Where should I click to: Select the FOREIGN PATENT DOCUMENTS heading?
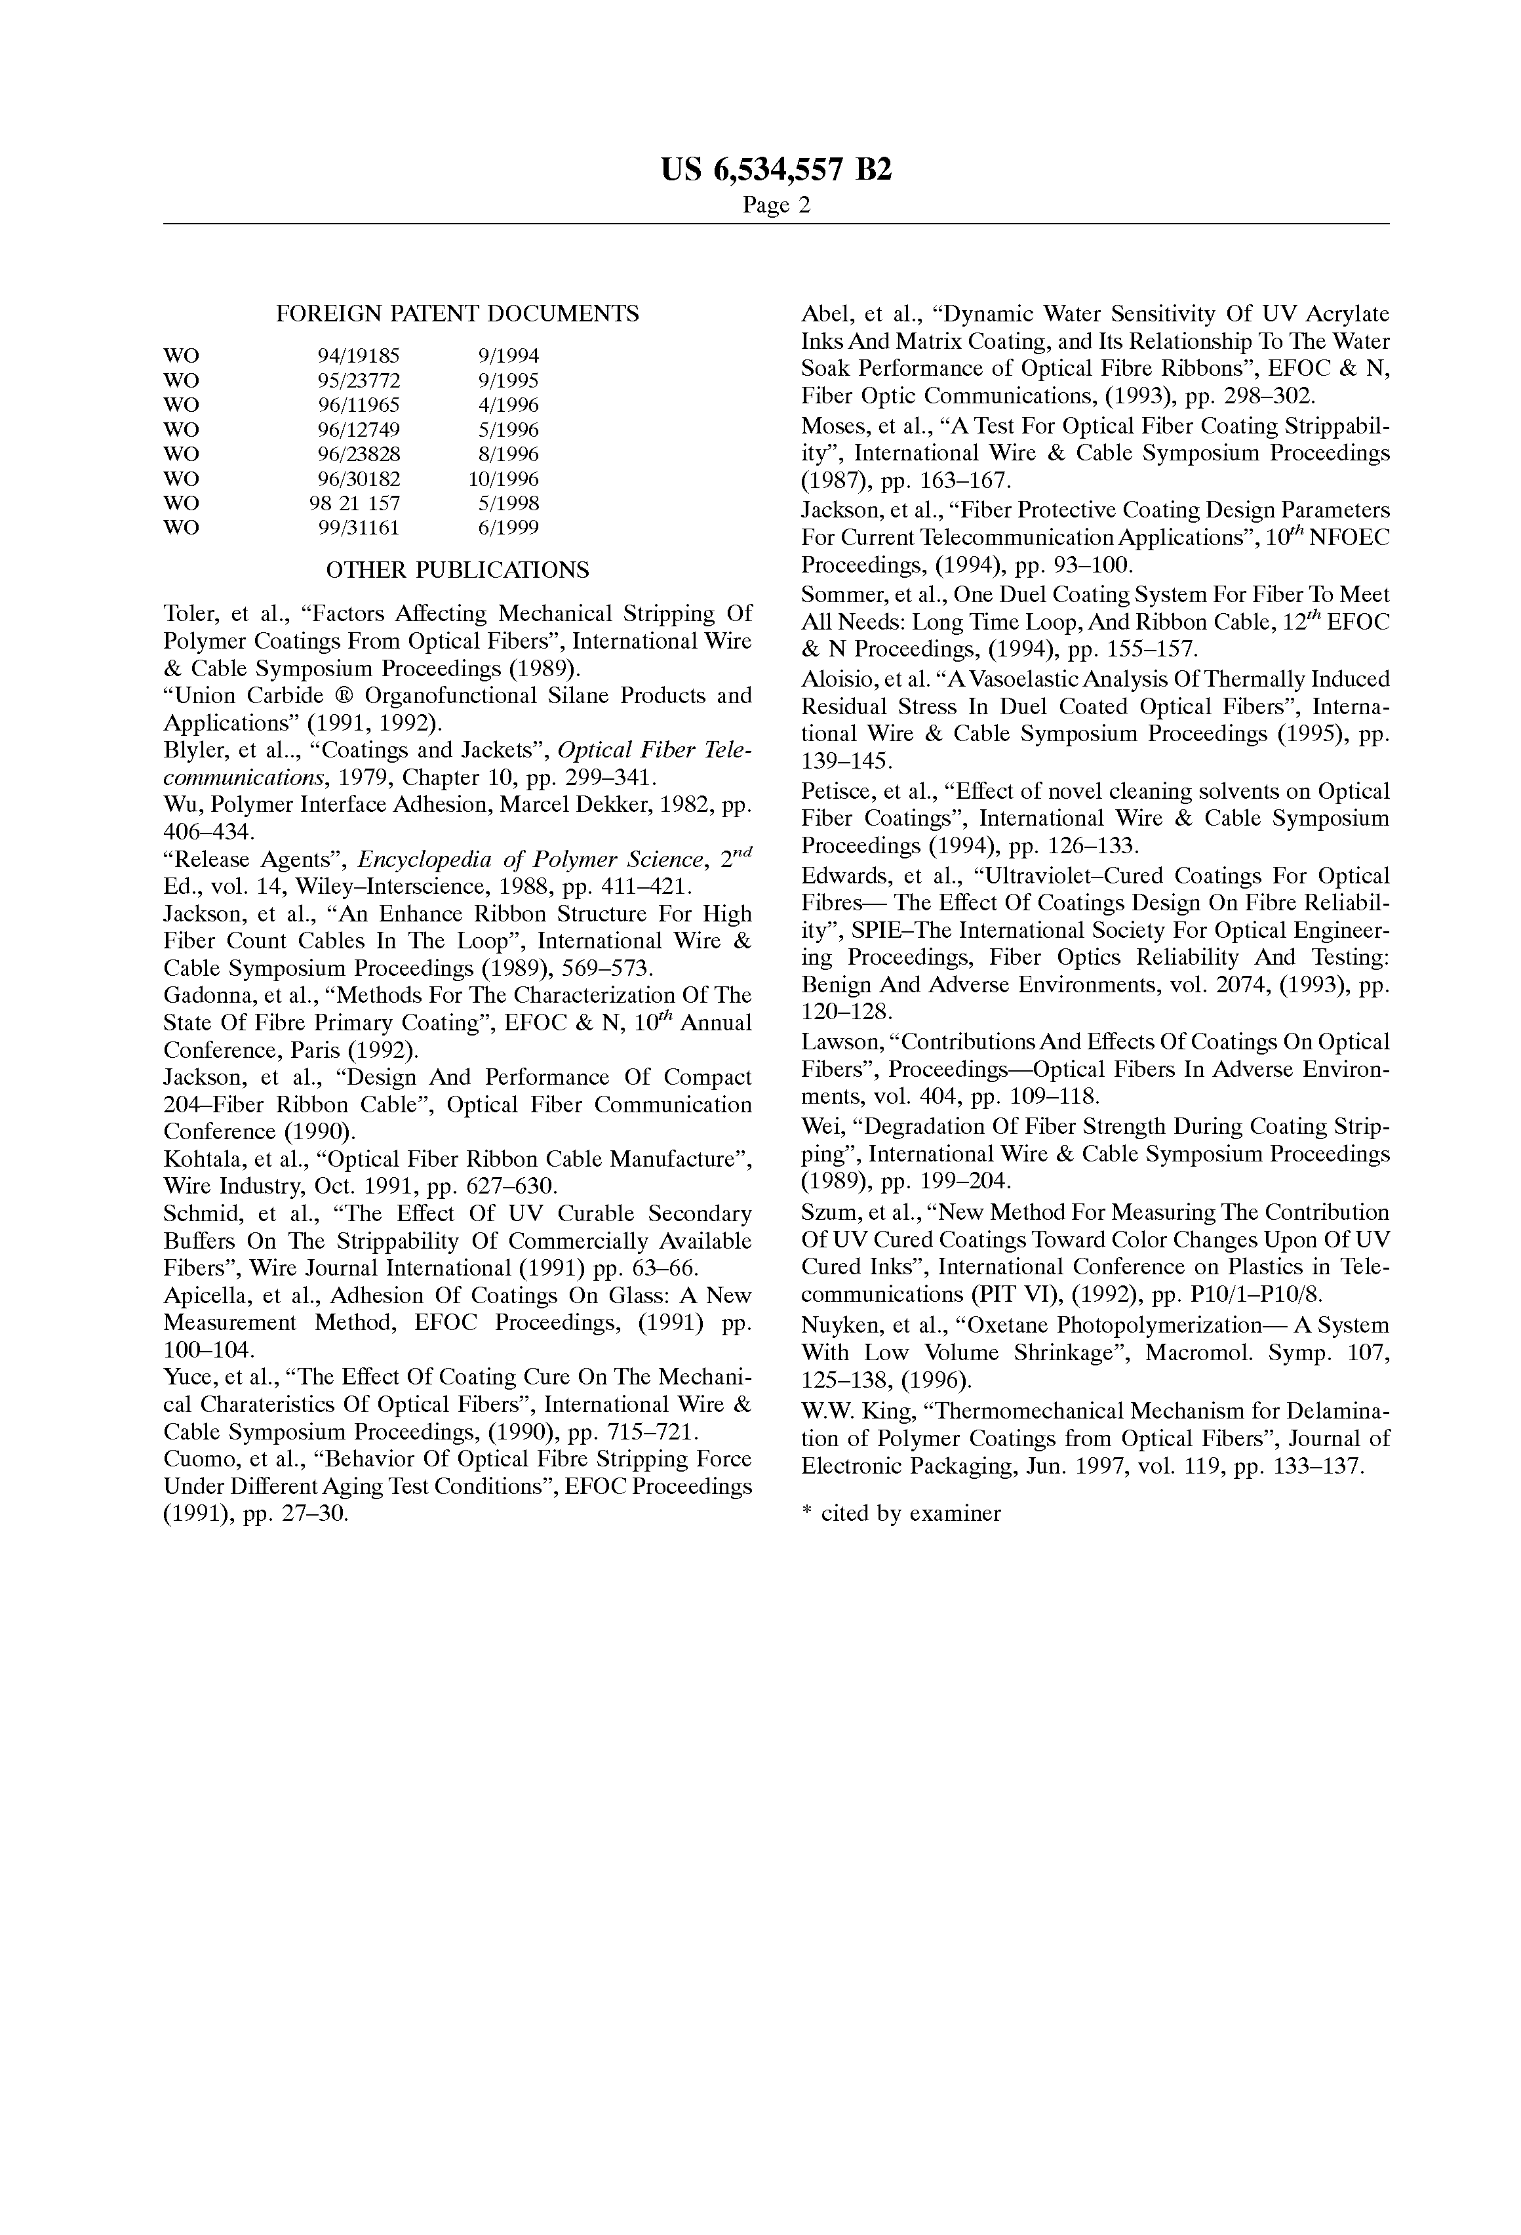coord(457,313)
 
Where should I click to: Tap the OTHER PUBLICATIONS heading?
coord(457,571)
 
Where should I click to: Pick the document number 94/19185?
coord(359,356)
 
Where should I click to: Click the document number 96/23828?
coord(359,454)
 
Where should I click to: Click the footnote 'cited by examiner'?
coord(909,1514)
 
